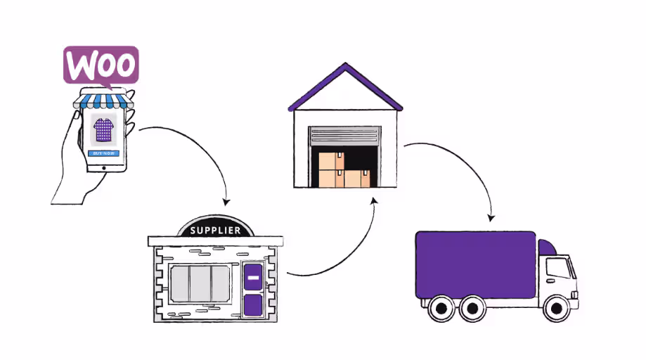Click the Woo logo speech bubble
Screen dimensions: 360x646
coord(101,65)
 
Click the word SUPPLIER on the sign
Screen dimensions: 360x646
coord(216,230)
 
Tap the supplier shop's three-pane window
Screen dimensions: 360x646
coord(200,283)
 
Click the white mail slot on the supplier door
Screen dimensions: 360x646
coord(252,278)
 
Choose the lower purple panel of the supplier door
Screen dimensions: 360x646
coord(252,304)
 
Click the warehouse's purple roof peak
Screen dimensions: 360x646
coord(345,69)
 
